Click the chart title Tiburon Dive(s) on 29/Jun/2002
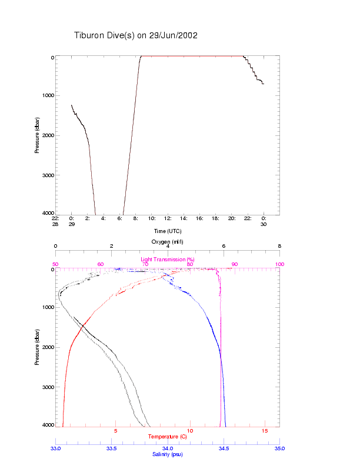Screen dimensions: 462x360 136,35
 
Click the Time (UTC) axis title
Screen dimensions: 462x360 167,231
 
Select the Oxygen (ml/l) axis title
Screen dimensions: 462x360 167,242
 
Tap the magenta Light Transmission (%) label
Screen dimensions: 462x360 167,259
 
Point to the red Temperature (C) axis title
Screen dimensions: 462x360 167,437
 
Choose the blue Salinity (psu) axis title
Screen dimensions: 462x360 167,454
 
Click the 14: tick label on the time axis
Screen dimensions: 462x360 184,218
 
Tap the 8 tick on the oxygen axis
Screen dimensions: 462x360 279,247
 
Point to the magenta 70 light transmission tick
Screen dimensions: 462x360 145,264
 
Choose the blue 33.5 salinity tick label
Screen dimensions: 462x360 112,448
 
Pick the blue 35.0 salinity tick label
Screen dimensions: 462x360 279,448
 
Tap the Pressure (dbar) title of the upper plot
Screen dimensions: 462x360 37,135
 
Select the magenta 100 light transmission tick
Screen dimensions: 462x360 279,264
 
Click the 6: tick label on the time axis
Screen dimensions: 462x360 119,218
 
